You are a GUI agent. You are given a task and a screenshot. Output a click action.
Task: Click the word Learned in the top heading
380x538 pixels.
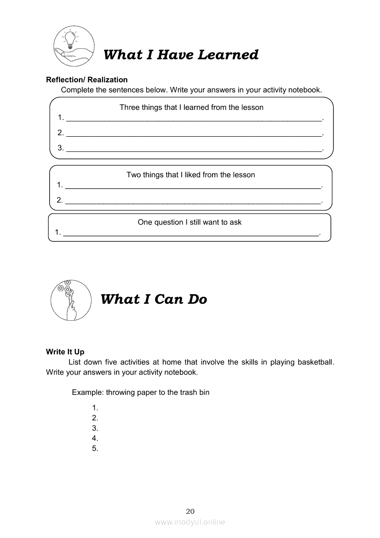228,55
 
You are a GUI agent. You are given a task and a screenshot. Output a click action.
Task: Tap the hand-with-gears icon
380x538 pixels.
69,300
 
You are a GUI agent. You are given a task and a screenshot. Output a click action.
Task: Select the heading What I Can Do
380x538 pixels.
154,299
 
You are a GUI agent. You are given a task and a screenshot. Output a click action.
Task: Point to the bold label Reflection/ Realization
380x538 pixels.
87,80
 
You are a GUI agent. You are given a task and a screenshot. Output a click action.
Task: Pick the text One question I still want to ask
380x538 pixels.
190,222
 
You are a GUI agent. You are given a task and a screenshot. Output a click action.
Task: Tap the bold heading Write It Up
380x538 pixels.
65,352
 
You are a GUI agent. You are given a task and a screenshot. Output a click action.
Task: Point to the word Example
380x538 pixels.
88,393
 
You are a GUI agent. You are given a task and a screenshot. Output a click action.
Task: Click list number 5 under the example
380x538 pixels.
95,449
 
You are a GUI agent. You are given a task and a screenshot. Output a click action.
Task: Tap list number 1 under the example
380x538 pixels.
95,408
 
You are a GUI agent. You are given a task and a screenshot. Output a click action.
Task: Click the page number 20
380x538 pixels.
190,511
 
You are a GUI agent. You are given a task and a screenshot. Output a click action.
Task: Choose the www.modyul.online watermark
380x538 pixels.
190,522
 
